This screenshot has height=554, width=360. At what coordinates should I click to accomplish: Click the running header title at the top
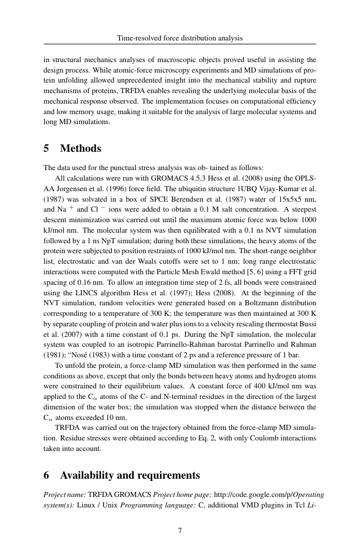coord(180,38)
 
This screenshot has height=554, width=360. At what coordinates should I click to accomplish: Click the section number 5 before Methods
coord(47,148)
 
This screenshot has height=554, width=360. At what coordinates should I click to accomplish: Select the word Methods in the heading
coord(80,148)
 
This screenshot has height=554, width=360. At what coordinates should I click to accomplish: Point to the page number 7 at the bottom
coord(180,530)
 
